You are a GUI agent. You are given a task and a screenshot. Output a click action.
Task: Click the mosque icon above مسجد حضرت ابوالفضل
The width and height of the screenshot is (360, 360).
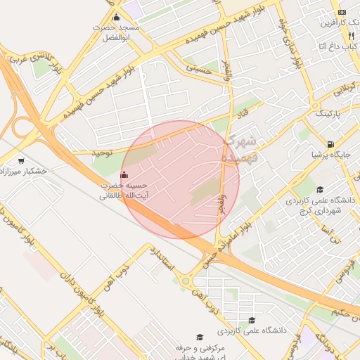(116, 18)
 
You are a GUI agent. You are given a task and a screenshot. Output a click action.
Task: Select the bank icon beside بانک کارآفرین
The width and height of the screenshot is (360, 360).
(342, 12)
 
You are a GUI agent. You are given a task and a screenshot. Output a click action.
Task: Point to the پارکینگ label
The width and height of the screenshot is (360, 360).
(327, 112)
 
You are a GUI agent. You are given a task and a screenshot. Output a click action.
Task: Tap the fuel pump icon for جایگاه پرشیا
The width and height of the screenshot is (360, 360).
(316, 154)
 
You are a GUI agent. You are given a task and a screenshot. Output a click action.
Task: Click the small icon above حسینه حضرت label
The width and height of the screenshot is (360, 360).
(124, 174)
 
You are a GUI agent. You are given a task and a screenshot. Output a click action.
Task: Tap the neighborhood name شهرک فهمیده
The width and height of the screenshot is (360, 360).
(240, 149)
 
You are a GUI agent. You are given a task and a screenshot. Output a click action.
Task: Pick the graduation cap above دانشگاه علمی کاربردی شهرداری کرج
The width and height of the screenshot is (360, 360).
(321, 189)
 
